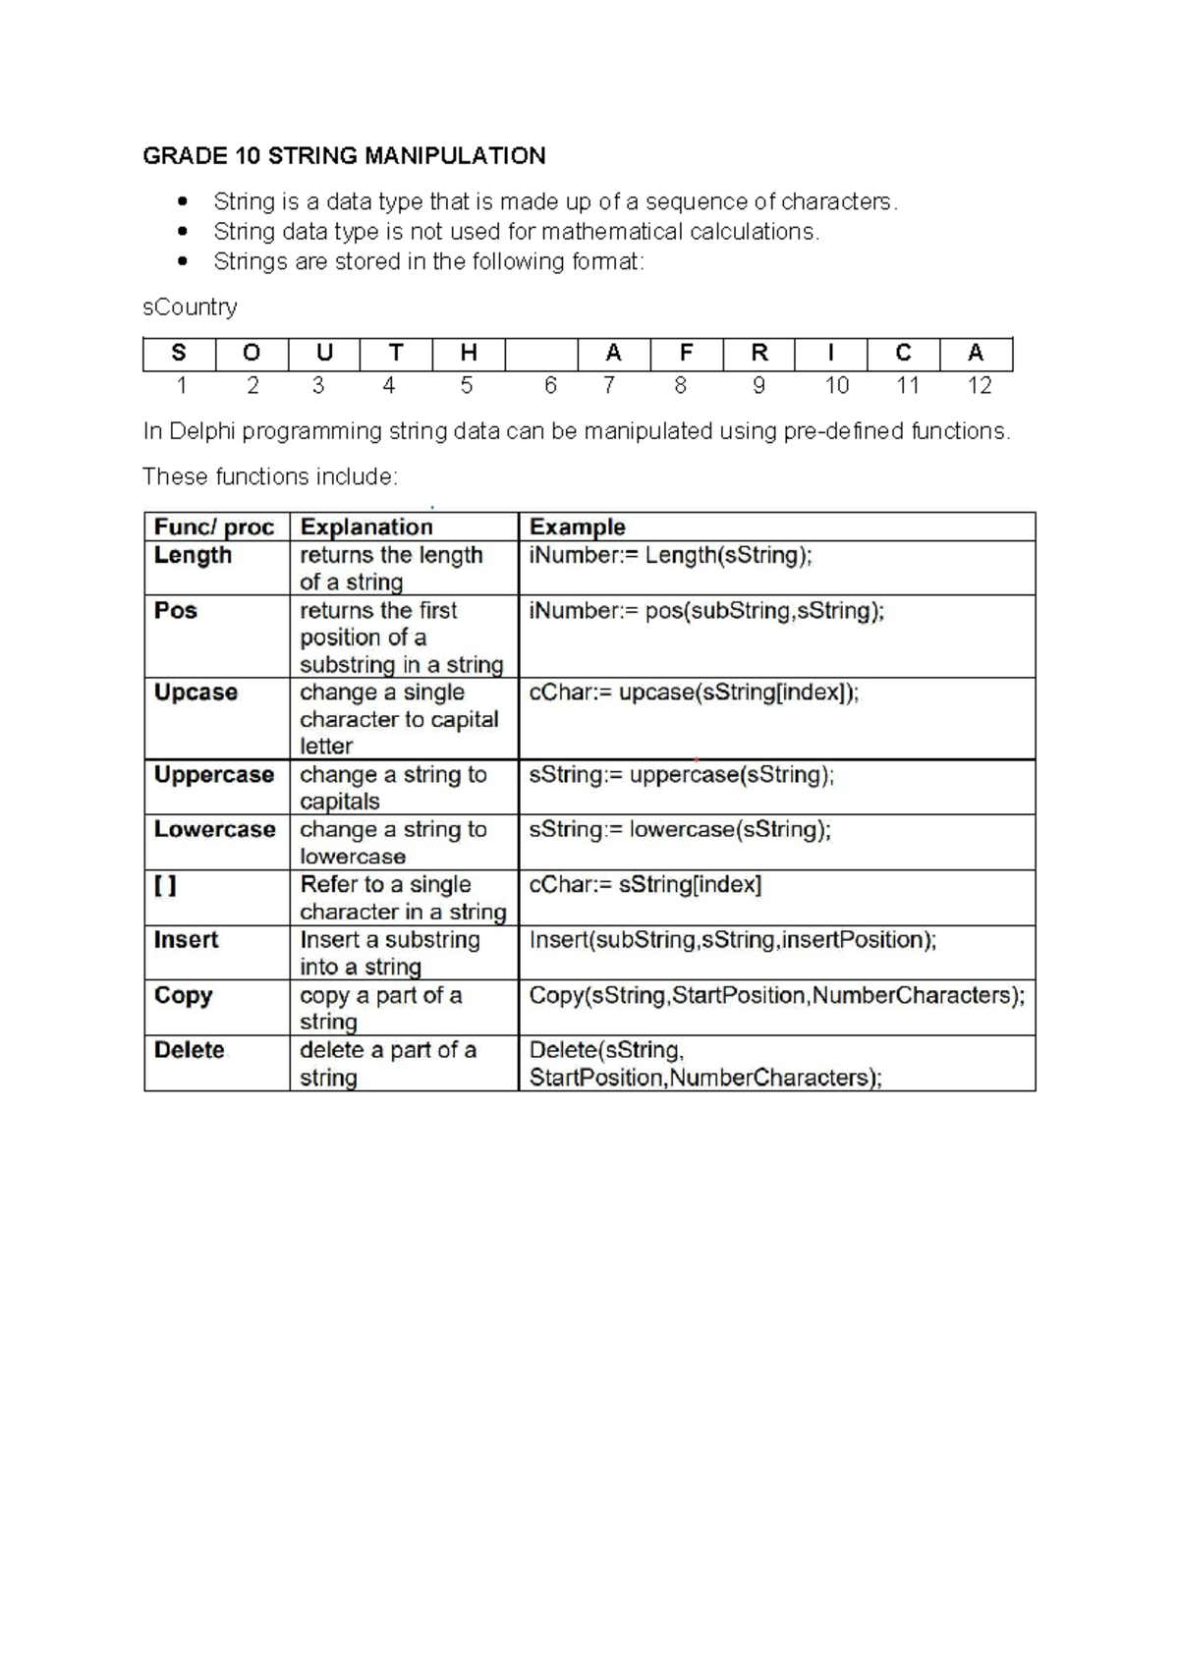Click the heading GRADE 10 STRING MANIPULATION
tap(344, 156)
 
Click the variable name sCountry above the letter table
tap(190, 307)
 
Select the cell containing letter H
tap(469, 354)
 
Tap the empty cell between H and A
tap(541, 354)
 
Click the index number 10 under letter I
tap(836, 386)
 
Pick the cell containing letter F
tap(686, 354)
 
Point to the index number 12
tap(979, 386)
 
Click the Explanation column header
tap(366, 527)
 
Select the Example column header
tap(578, 527)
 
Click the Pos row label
tap(176, 611)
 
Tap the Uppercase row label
tap(214, 775)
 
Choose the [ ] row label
tap(165, 885)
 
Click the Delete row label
tap(190, 1050)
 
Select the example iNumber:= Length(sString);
tap(671, 556)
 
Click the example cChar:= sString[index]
tap(646, 885)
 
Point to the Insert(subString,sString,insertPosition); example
tap(733, 940)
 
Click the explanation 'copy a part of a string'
tap(380, 1008)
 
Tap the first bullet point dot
tap(181, 202)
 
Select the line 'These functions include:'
tap(270, 477)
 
